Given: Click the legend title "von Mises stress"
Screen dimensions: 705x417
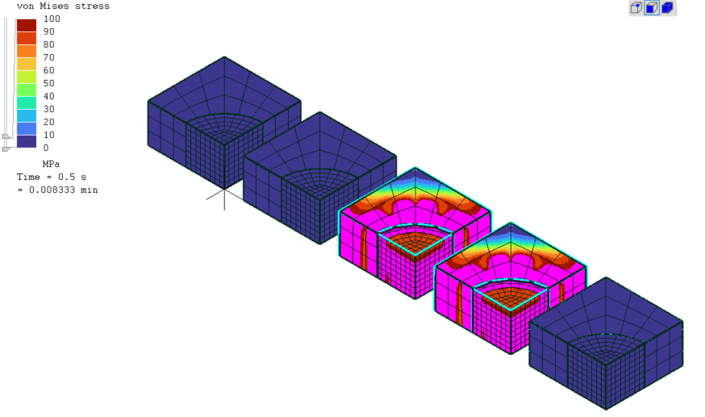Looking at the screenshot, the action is (63, 6).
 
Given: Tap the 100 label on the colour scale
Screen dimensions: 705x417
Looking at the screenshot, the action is (52, 19).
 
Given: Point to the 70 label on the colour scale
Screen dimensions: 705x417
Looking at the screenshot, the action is (49, 57).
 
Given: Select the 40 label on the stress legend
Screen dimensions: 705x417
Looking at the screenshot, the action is (49, 96).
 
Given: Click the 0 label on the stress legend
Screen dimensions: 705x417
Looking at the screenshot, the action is (46, 148).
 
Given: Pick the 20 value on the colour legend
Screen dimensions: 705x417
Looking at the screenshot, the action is (49, 123).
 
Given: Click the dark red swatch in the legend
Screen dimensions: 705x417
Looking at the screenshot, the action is (27, 25).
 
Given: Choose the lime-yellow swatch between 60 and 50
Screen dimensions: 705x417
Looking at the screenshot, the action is (27, 77).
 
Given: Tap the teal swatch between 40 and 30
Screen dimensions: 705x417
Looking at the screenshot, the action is (27, 103).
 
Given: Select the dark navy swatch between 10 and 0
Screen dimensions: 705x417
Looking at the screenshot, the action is (27, 141).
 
